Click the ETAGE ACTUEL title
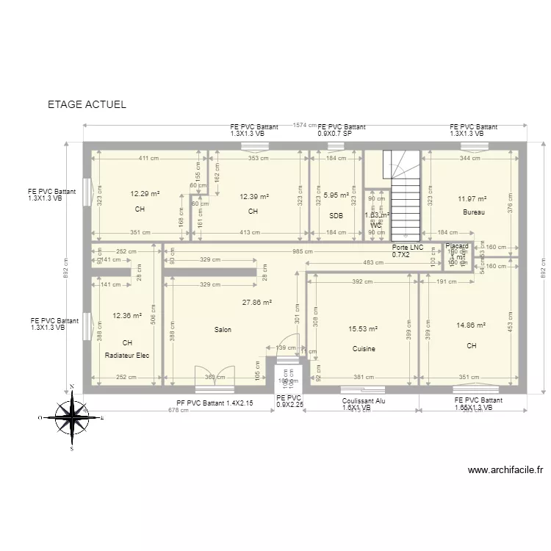pos(87,104)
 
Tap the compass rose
pos(72,417)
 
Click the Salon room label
pos(223,330)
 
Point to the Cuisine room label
pos(363,349)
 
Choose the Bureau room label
pos(474,212)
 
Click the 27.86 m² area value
pos(257,302)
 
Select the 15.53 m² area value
pos(363,329)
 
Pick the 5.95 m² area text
pos(336,195)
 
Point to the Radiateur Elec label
pos(127,356)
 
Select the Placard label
pos(457,247)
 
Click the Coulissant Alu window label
pos(363,401)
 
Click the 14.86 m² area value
pos(471,325)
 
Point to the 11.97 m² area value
pos(472,198)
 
